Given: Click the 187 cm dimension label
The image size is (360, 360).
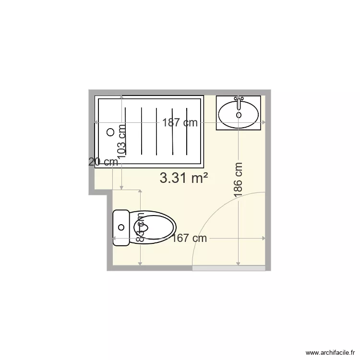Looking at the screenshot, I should tap(180, 122).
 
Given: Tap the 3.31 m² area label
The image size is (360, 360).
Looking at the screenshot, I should tap(184, 178).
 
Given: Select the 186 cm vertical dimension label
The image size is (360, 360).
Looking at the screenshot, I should tap(238, 179).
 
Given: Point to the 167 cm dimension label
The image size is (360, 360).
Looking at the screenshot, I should tap(190, 238).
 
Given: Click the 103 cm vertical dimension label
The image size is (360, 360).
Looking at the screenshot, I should tap(122, 141).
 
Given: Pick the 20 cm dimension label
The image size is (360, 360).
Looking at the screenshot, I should tap(103, 162).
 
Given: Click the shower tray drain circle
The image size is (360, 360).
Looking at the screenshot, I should tap(110, 132).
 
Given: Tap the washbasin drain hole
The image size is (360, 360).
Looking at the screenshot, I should tap(239, 115).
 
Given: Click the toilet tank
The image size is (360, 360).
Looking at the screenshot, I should tap(121, 228).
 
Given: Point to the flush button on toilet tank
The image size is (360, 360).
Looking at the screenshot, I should tap(121, 228).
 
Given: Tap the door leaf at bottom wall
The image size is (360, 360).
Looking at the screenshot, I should tap(228, 268).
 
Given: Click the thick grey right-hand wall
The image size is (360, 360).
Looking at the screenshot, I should tap(268, 182).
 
